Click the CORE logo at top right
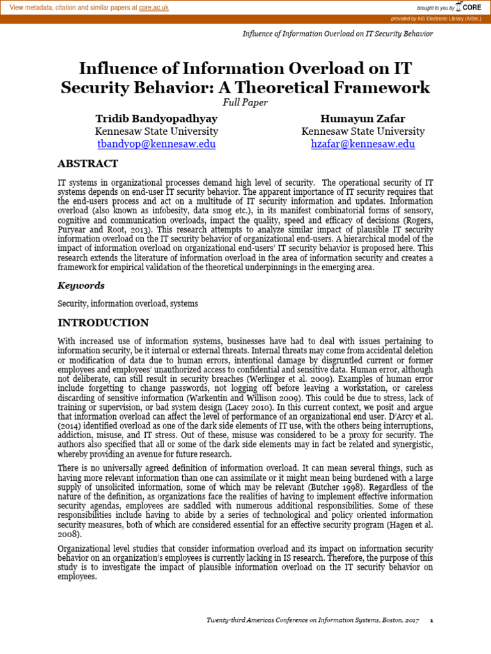click(469, 7)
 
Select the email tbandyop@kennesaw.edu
click(156, 144)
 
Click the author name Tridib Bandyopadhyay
click(156, 119)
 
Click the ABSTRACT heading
click(88, 164)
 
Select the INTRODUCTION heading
click(103, 323)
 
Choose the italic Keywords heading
click(81, 285)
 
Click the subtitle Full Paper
click(245, 102)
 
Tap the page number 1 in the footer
click(432, 621)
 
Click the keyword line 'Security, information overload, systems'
click(128, 304)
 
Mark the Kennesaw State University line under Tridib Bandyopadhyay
click(156, 132)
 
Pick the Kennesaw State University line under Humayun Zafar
click(362, 132)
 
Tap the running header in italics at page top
click(338, 34)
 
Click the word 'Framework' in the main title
click(368, 87)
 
